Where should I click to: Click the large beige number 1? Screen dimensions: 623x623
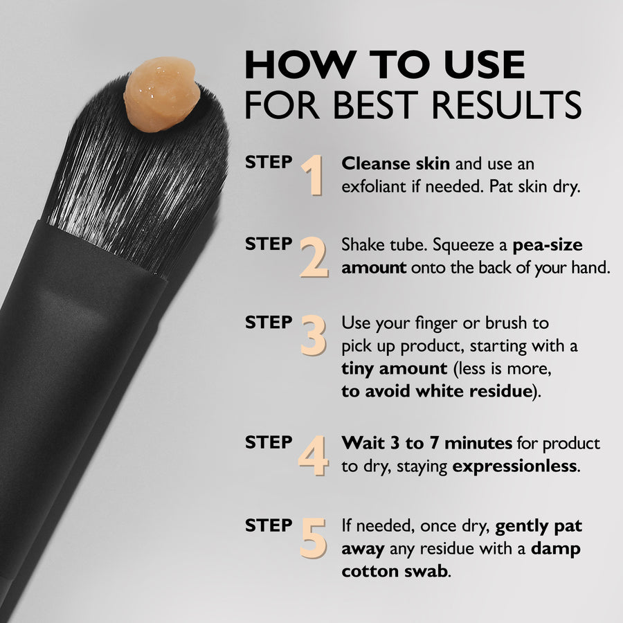[314, 175]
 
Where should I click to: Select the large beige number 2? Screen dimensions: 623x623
[314, 257]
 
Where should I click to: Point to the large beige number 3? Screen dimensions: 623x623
[314, 335]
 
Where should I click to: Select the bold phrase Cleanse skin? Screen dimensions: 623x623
[396, 164]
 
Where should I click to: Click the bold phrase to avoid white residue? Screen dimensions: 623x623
[435, 391]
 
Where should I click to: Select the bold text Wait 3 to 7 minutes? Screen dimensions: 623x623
[426, 442]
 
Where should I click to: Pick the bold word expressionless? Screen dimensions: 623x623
[514, 466]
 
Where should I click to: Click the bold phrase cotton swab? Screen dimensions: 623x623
[394, 572]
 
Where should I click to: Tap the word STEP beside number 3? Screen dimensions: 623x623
[269, 322]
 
